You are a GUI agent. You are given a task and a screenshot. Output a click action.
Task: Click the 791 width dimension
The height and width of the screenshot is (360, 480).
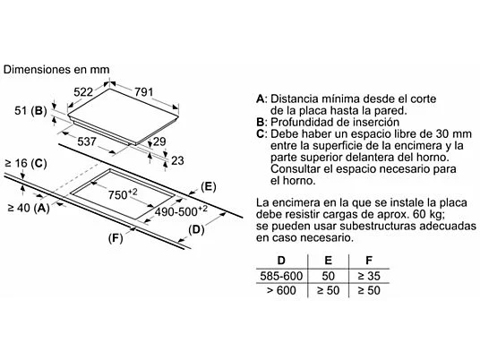[x=143, y=91]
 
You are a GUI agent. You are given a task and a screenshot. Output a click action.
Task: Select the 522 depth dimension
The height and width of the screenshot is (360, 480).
[x=83, y=91]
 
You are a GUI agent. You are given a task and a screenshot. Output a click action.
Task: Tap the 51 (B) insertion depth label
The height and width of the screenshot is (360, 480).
[x=30, y=110]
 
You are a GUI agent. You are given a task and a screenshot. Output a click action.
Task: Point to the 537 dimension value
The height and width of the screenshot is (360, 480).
[x=87, y=141]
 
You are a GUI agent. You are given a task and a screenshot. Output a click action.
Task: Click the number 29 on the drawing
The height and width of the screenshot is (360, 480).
[x=159, y=141]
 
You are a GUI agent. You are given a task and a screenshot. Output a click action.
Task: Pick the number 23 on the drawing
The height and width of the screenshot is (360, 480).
[x=177, y=160]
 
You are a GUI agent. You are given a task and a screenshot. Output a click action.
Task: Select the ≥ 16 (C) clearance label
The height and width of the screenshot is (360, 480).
[x=26, y=164]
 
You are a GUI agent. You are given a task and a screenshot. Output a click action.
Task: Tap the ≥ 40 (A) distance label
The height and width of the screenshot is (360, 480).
[x=29, y=208]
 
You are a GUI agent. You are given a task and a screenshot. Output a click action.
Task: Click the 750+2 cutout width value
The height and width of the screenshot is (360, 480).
[x=123, y=194]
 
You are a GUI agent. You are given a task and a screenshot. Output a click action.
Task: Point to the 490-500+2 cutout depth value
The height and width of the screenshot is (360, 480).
[x=181, y=211]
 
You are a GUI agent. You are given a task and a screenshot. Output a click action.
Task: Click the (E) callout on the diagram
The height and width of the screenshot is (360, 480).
[x=209, y=186]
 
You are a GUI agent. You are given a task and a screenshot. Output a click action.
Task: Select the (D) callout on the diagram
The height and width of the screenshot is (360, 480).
[x=196, y=229]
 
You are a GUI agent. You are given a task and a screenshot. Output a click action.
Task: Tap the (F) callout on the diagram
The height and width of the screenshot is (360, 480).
[x=116, y=238]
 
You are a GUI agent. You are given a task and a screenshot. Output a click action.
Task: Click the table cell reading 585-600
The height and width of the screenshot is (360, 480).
[x=281, y=276]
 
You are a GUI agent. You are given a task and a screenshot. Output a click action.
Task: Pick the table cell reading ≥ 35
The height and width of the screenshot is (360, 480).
[x=369, y=276]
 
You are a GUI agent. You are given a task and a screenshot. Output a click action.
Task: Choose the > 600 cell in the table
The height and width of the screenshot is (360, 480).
[x=281, y=290]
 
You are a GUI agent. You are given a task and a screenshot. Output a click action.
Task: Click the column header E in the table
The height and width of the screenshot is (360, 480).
[x=328, y=261]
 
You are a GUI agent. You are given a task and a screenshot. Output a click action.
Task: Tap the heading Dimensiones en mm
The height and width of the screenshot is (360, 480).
[x=56, y=70]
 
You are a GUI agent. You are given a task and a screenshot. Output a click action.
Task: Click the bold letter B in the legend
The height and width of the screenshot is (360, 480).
[x=260, y=122]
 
